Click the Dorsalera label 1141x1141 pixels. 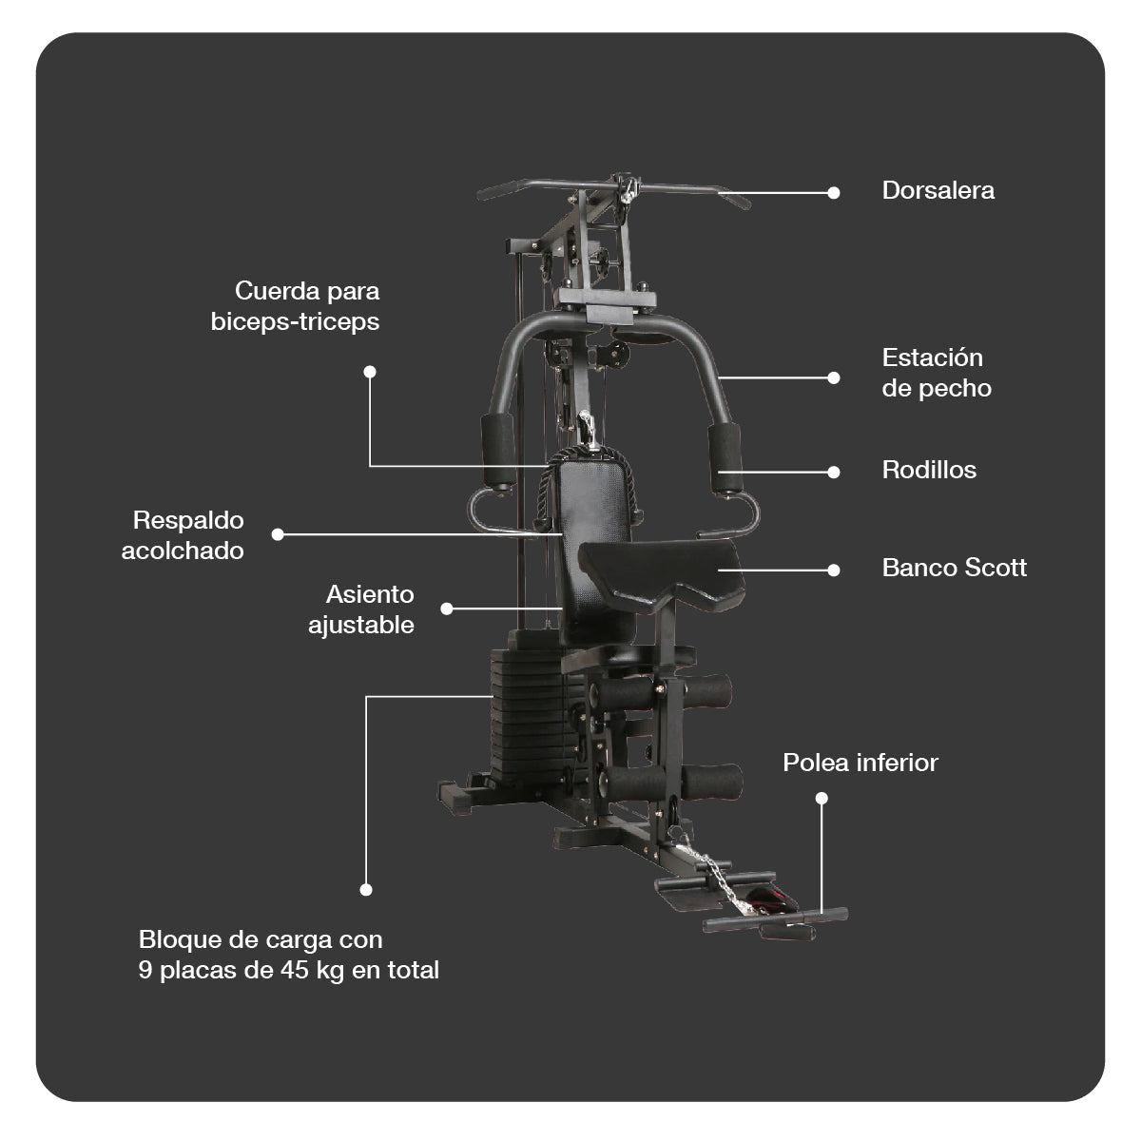[938, 190]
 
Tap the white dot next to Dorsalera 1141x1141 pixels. [834, 192]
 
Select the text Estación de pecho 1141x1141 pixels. [936, 373]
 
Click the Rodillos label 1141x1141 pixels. [929, 470]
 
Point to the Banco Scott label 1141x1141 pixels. [954, 568]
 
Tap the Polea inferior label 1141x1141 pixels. [860, 763]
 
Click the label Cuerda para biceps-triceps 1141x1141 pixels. [296, 306]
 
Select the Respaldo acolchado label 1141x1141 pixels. [184, 535]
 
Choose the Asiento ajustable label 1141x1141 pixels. [361, 609]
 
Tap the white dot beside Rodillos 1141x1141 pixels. [834, 472]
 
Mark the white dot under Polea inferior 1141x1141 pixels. [822, 799]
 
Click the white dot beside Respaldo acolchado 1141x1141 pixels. [278, 534]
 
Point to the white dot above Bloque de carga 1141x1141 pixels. [366, 890]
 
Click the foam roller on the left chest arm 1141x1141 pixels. [498, 450]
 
